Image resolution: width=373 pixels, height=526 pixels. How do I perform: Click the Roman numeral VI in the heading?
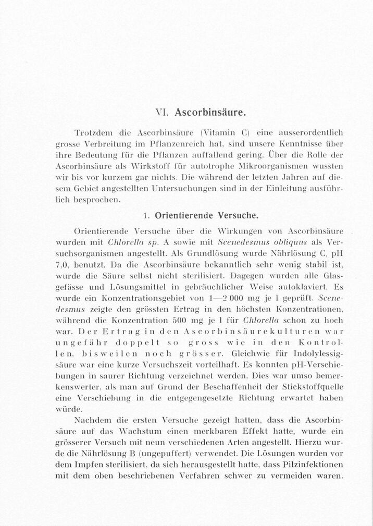click(x=161, y=112)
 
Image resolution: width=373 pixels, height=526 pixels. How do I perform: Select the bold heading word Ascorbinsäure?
click(x=210, y=112)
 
